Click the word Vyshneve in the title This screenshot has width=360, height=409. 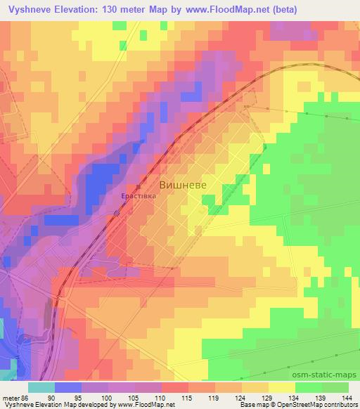click(30, 10)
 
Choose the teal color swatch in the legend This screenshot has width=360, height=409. click(41, 387)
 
